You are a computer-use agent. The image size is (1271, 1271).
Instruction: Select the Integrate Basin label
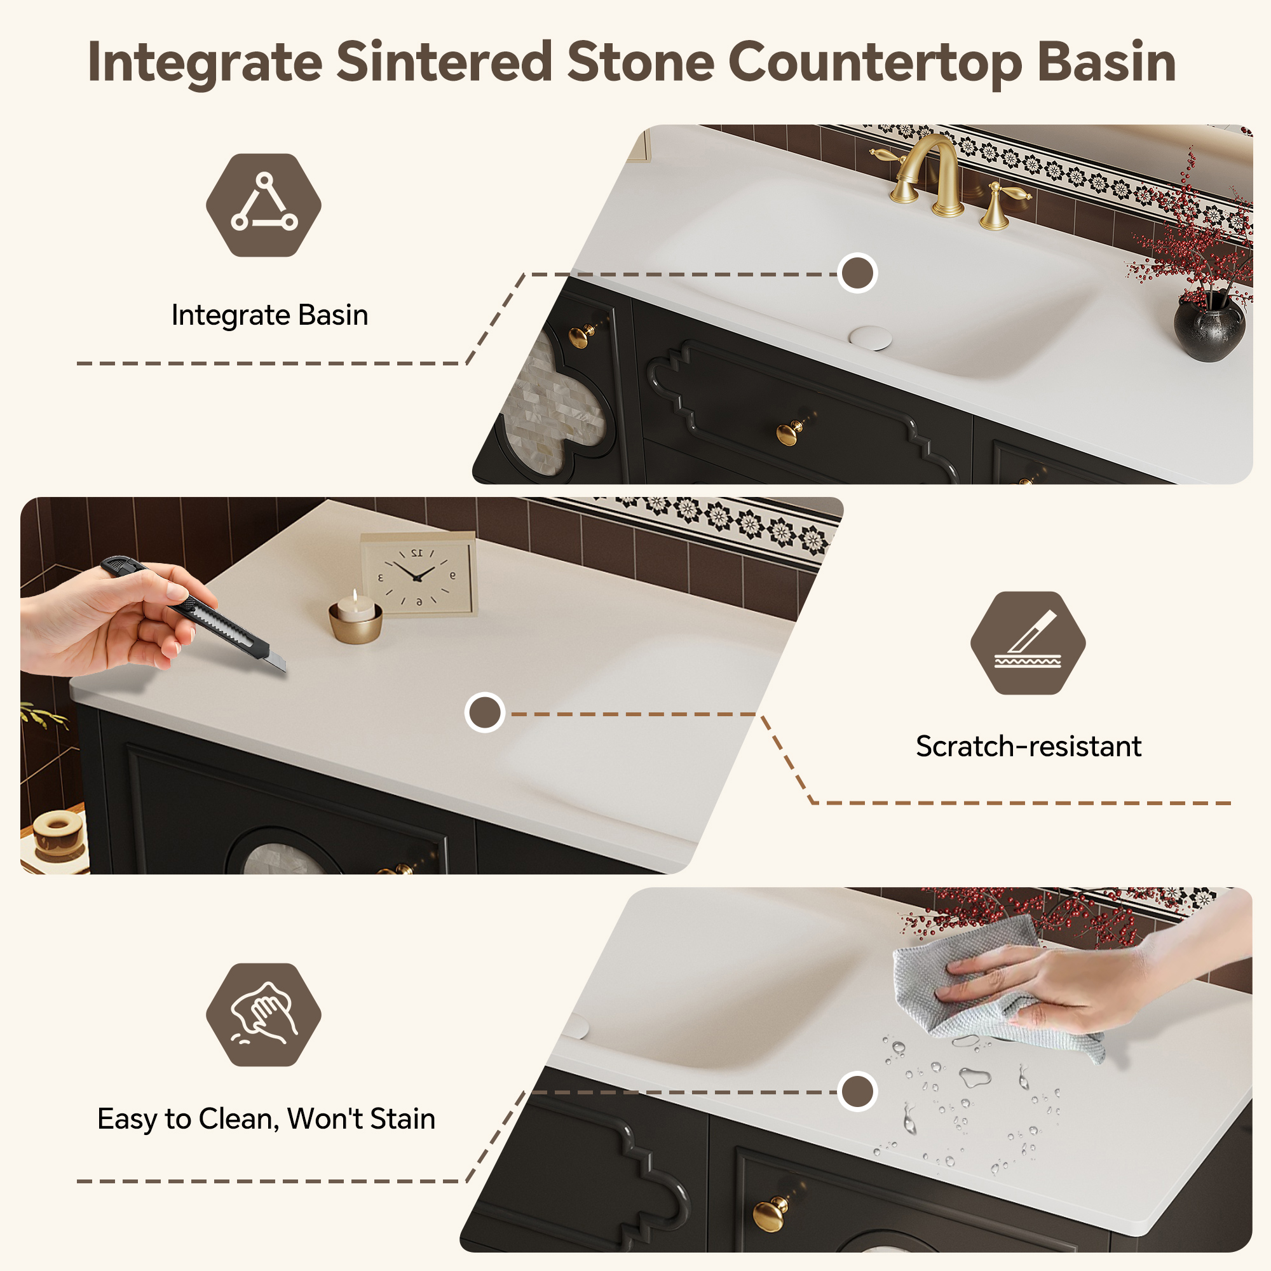[x=269, y=315]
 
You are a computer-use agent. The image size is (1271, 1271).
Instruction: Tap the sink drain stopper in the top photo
[x=870, y=337]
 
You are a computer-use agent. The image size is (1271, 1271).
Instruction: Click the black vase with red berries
[x=1209, y=326]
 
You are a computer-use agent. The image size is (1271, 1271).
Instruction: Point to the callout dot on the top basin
[x=857, y=273]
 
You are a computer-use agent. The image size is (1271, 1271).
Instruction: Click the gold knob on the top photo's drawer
[x=789, y=432]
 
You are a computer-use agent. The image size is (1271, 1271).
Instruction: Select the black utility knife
[x=194, y=613]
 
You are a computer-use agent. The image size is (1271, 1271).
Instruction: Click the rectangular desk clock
[x=419, y=574]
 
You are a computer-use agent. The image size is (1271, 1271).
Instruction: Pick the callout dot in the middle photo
[x=485, y=712]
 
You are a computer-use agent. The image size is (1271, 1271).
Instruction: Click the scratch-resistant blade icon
[x=1028, y=642]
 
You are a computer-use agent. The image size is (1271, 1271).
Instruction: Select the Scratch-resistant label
[x=1028, y=747]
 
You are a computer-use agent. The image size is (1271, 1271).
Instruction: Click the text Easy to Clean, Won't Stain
[x=266, y=1119]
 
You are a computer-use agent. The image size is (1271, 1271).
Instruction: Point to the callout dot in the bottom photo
[x=857, y=1091]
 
